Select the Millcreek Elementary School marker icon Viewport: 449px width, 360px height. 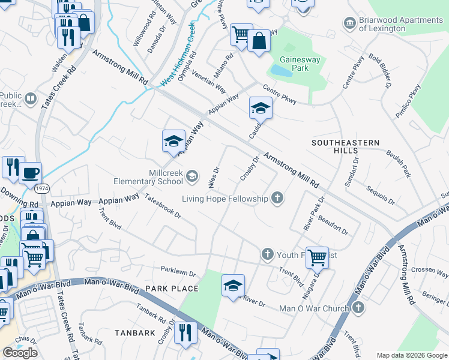click(191, 176)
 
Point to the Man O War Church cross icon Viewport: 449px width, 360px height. click(358, 308)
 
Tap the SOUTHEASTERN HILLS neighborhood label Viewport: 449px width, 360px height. click(345, 146)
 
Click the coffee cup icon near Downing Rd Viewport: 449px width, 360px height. click(30, 173)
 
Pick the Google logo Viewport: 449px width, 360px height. click(20, 353)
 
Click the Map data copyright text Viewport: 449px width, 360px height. click(412, 355)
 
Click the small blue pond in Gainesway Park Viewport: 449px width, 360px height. click(279, 70)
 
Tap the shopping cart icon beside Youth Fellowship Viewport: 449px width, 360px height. click(317, 257)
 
